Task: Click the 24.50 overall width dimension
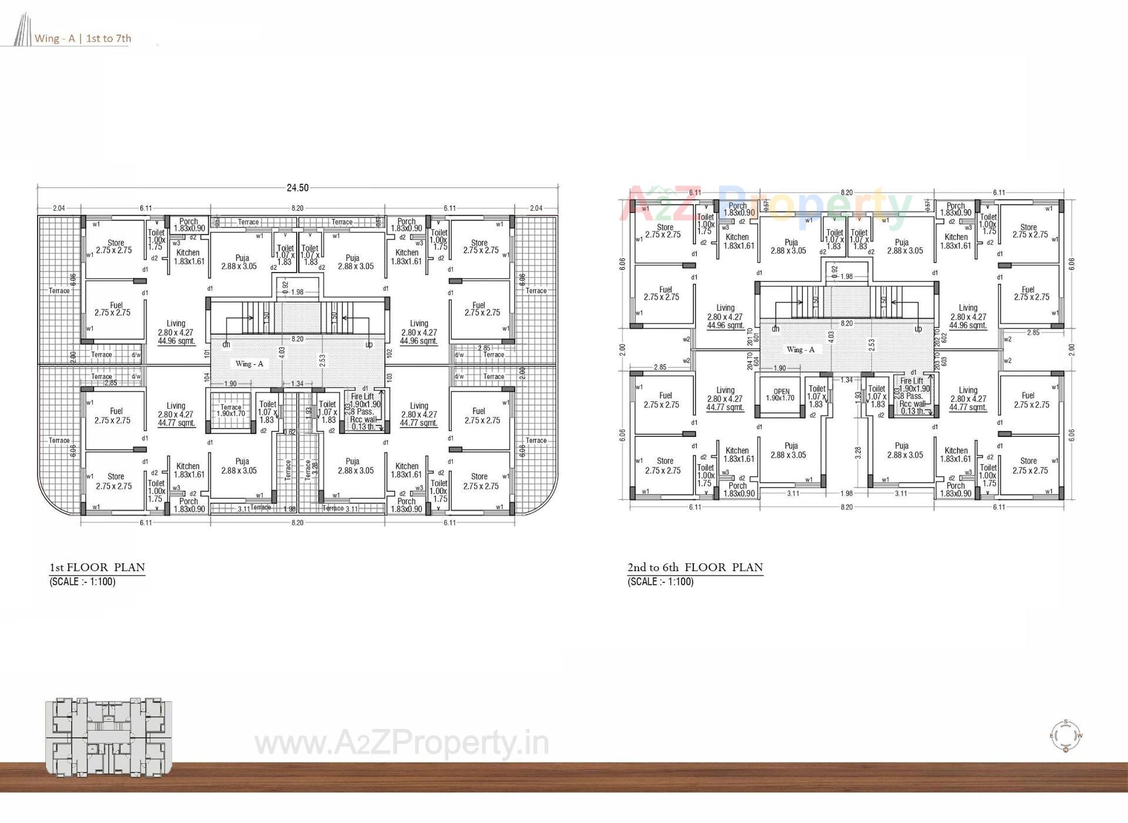pyautogui.click(x=297, y=188)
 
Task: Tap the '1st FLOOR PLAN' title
pyautogui.click(x=97, y=567)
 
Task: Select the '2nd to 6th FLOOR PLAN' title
pyautogui.click(x=695, y=567)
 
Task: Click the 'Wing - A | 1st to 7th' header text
pyautogui.click(x=83, y=39)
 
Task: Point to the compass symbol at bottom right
pyautogui.click(x=1065, y=735)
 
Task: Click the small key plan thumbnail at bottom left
pyautogui.click(x=109, y=738)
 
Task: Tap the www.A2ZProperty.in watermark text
pyautogui.click(x=402, y=744)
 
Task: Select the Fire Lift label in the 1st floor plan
pyautogui.click(x=362, y=397)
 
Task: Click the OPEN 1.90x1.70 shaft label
pyautogui.click(x=781, y=395)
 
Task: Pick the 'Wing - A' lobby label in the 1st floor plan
pyautogui.click(x=249, y=364)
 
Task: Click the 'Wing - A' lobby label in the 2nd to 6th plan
pyautogui.click(x=800, y=350)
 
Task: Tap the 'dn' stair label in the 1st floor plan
pyautogui.click(x=226, y=345)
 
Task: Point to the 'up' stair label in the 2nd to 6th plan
pyautogui.click(x=918, y=329)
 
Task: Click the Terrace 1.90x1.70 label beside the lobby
pyautogui.click(x=231, y=410)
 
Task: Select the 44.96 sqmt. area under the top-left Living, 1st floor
pyautogui.click(x=176, y=341)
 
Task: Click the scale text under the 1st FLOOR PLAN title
pyautogui.click(x=82, y=582)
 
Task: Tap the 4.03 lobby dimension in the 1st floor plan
pyautogui.click(x=283, y=353)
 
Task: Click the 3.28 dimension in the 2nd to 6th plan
pyautogui.click(x=858, y=453)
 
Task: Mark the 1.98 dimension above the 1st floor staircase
pyautogui.click(x=297, y=292)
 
